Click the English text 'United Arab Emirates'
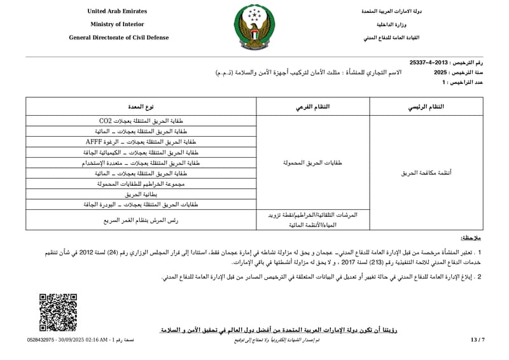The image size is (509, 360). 117,11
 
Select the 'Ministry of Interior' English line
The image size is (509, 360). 118,24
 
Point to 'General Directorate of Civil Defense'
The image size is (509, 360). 119,38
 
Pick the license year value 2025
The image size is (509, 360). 441,73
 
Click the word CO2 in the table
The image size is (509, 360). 105,121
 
